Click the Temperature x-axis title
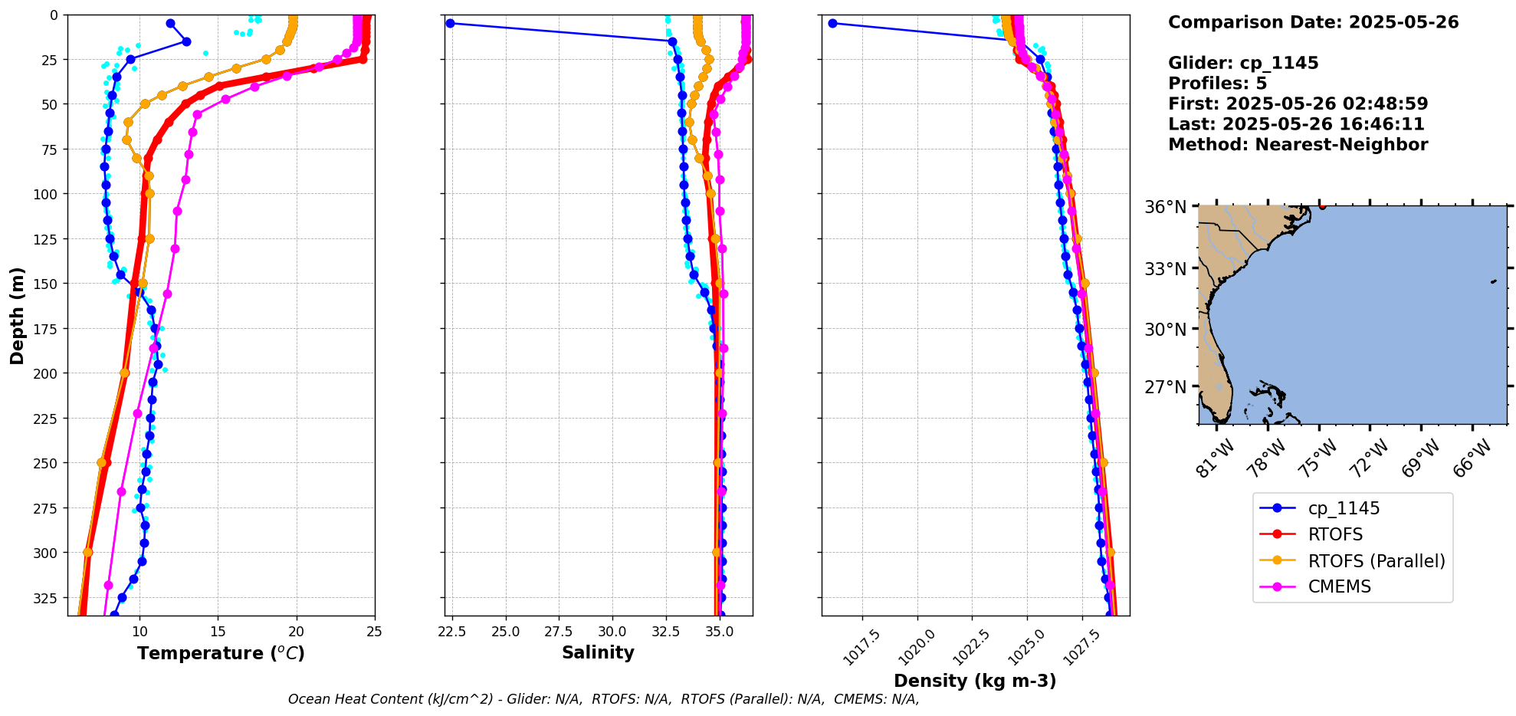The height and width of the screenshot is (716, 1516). (221, 653)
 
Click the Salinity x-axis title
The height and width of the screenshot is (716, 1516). (598, 652)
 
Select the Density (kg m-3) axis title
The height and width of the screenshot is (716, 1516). (975, 681)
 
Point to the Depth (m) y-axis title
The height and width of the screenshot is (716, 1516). (17, 315)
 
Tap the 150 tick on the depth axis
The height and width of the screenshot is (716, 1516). (45, 284)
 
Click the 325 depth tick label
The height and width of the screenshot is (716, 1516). (45, 598)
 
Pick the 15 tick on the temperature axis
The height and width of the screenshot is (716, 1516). (218, 632)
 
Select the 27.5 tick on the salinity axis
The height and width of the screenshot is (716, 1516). (558, 632)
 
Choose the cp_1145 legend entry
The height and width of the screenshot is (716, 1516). (1343, 508)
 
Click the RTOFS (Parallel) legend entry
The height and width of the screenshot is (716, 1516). (1376, 560)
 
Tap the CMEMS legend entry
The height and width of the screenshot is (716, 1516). (1339, 586)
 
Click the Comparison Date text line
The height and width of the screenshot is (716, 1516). (1313, 22)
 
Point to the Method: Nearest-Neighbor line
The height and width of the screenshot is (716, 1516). (1298, 145)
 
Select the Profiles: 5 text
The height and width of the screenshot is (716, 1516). (1217, 84)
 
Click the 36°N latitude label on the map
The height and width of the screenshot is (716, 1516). (1165, 207)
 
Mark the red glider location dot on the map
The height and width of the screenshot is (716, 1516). (1322, 206)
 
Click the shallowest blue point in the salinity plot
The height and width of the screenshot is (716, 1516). (450, 23)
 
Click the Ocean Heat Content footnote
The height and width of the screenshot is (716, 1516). (603, 699)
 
